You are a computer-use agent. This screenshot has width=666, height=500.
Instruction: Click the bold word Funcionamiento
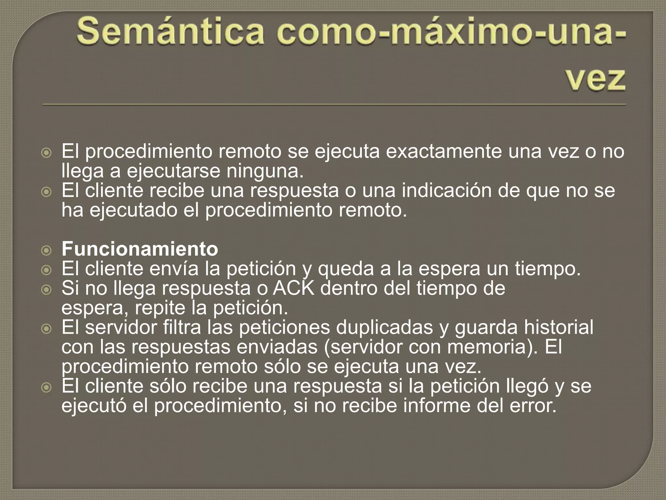click(x=140, y=249)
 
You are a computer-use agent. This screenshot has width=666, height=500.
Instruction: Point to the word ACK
click(x=293, y=288)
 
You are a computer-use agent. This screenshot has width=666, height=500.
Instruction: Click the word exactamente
click(x=444, y=152)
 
